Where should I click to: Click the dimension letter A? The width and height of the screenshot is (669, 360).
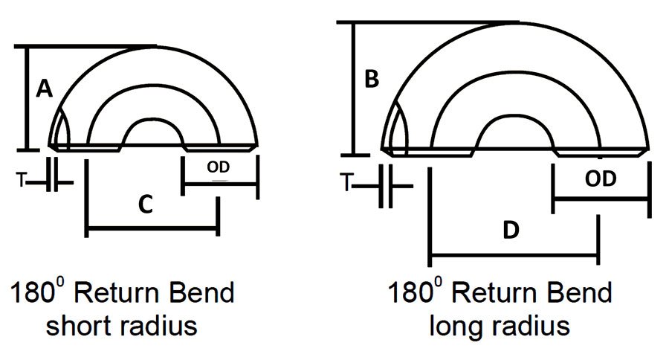[43, 90]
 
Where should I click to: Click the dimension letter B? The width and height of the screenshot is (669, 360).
[372, 79]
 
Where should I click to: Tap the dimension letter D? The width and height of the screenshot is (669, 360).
[510, 231]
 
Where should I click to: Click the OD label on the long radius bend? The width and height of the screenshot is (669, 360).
[601, 179]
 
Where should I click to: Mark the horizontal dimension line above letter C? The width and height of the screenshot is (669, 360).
[152, 233]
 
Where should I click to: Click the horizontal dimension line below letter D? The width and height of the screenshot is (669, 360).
[514, 258]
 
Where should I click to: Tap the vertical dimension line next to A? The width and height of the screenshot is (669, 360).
[28, 97]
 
